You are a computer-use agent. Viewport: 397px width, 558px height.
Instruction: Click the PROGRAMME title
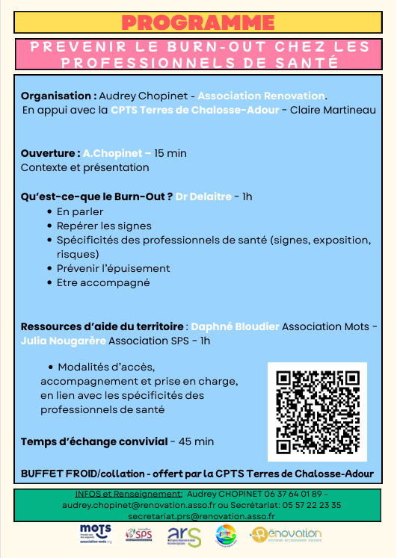click(198, 22)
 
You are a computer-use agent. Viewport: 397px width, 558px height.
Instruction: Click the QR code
click(317, 412)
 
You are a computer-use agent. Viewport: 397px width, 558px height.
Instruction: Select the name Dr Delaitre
click(203, 196)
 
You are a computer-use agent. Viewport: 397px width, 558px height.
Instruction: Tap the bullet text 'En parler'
click(80, 211)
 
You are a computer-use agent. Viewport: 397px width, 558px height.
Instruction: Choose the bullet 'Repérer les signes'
click(104, 226)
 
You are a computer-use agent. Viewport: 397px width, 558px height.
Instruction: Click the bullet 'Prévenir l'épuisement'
click(113, 268)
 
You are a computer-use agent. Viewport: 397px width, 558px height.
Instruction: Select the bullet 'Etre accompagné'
click(103, 282)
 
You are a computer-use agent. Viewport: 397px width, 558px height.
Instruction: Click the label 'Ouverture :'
click(50, 153)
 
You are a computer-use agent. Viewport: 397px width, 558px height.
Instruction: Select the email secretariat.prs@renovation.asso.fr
click(201, 515)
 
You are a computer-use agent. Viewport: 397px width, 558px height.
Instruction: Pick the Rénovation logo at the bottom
click(286, 535)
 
